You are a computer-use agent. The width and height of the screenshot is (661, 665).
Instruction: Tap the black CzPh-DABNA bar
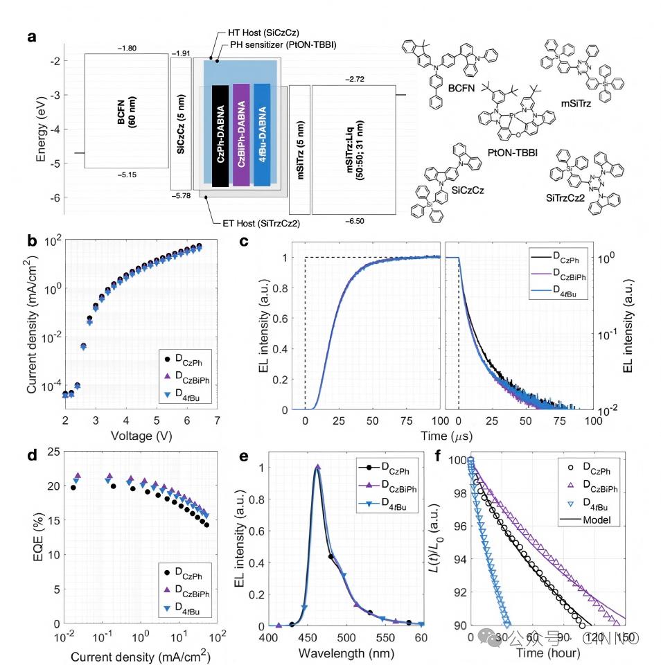220,135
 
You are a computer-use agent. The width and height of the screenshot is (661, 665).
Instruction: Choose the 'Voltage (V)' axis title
140,436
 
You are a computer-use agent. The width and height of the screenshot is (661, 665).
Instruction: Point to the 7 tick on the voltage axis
218,421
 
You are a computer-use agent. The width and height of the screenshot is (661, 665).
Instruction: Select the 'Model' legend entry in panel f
597,520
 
